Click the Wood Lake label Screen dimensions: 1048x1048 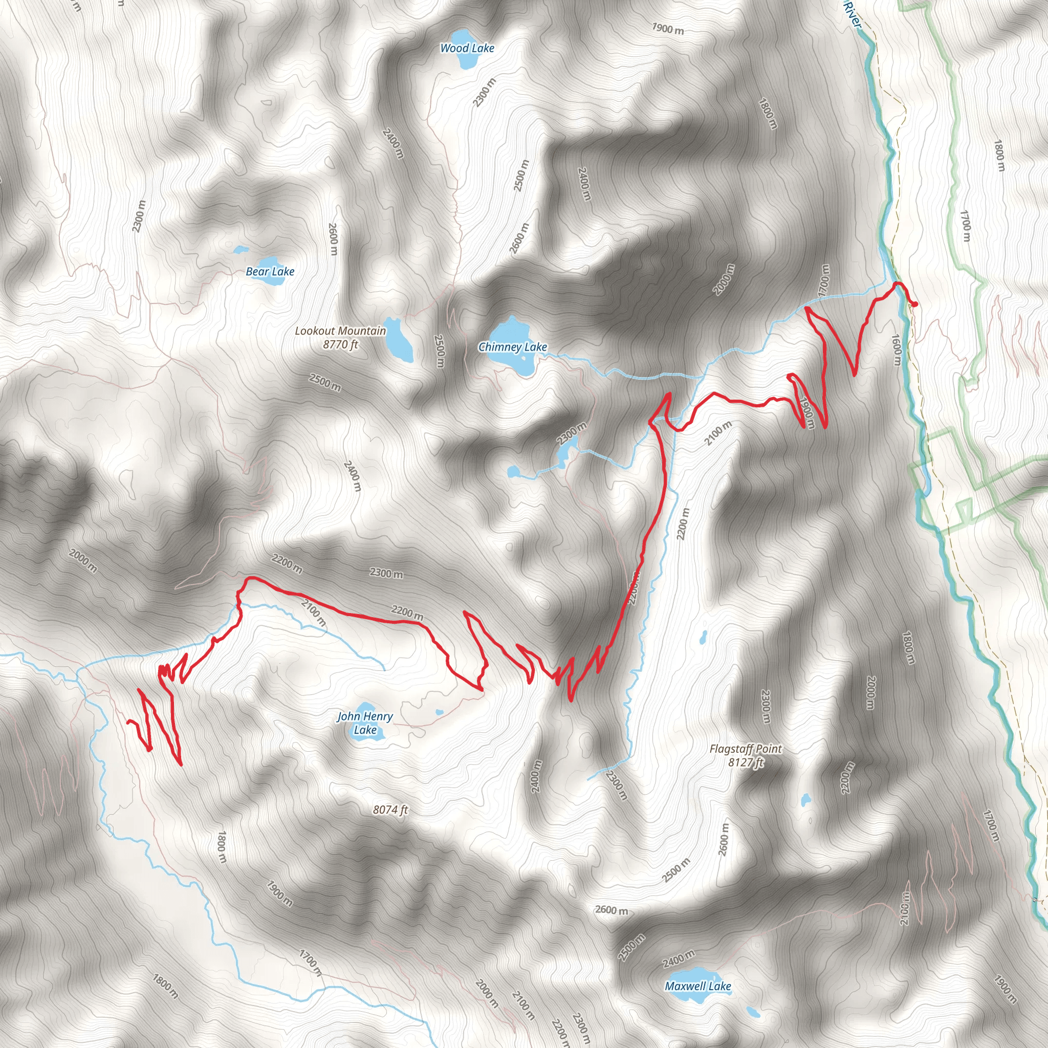point(467,48)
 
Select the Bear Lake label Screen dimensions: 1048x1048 point(270,271)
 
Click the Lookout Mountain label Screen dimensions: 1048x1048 point(340,331)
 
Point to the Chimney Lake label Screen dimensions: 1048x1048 point(513,346)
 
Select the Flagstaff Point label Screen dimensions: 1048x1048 point(746,749)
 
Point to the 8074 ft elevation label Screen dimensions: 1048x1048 point(390,810)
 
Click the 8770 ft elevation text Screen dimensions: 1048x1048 point(340,344)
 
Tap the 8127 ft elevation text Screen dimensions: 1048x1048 point(746,762)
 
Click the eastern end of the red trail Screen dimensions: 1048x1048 point(915,305)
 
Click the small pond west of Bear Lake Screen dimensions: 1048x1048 point(241,250)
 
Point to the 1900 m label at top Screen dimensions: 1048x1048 point(668,29)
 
